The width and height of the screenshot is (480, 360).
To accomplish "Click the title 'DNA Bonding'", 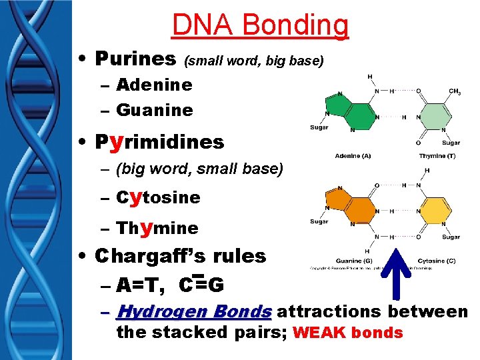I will point(260,25).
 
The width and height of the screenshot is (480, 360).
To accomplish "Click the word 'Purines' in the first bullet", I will point(137,59).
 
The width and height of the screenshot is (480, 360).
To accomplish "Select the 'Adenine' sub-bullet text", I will point(154,85).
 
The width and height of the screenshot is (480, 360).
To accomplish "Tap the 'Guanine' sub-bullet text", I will point(154,109).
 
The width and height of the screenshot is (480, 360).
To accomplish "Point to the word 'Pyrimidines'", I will point(160,141).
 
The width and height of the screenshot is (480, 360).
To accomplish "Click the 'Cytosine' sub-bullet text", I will point(158,197).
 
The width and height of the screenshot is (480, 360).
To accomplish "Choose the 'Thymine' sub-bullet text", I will point(157,227).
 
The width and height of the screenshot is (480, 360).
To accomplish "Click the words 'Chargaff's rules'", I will point(181,255).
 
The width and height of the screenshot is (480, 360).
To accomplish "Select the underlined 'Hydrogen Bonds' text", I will point(194,311).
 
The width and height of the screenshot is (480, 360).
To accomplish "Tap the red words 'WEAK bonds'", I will point(347,332).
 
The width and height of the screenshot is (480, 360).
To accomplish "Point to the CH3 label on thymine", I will point(455,91).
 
